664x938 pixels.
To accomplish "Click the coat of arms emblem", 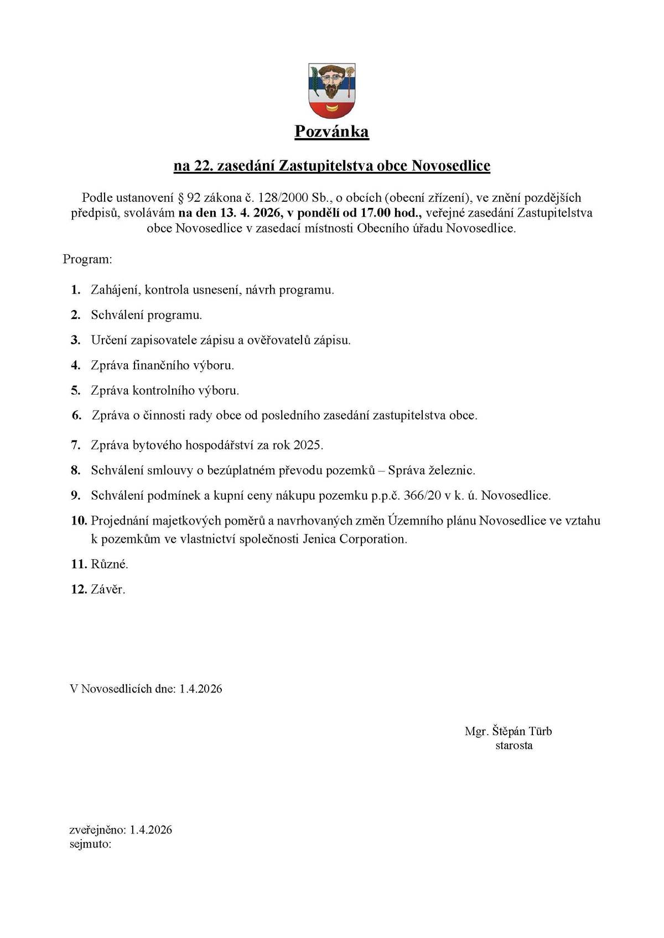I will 331,91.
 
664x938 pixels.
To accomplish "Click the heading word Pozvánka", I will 331,132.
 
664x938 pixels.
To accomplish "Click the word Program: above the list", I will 87,259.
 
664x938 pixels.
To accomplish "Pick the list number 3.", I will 76,340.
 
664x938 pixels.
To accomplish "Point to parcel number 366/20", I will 422,495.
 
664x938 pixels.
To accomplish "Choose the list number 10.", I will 78,521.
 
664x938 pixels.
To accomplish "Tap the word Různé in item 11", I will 109,564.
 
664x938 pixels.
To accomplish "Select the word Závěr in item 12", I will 107,589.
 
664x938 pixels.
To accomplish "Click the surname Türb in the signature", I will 540,731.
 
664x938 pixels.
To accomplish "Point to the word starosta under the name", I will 514,745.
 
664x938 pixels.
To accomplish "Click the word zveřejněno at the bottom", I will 97,830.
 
